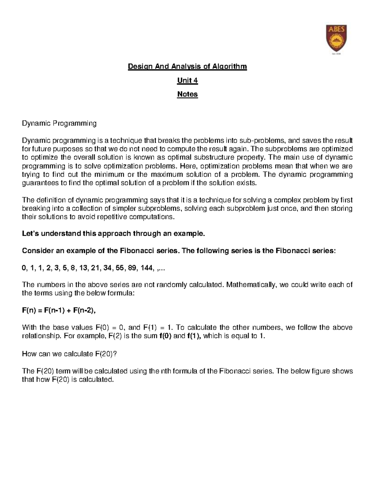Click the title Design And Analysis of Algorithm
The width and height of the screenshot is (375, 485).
click(x=187, y=67)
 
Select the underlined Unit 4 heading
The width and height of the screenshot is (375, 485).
click(x=187, y=81)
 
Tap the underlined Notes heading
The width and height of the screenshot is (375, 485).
click(x=187, y=94)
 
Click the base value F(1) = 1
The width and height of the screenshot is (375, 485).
click(x=157, y=328)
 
